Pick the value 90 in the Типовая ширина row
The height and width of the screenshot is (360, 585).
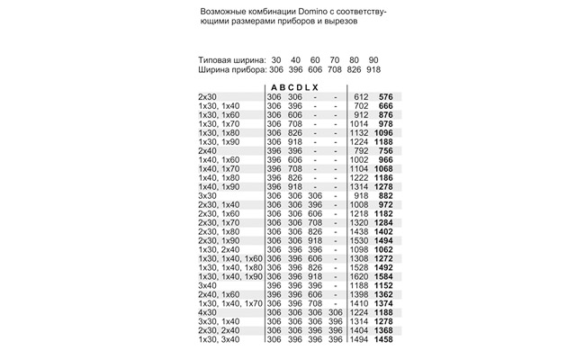tap(373, 58)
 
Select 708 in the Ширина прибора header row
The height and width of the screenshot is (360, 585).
tap(335, 69)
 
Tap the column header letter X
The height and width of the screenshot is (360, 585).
tap(314, 86)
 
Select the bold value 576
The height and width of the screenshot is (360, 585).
tap(388, 96)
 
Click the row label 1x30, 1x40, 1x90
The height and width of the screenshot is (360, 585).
tap(229, 276)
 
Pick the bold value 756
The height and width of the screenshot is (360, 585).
tap(388, 150)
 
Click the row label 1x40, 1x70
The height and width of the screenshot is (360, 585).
tap(218, 168)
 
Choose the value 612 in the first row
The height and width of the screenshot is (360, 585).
tap(363, 96)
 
